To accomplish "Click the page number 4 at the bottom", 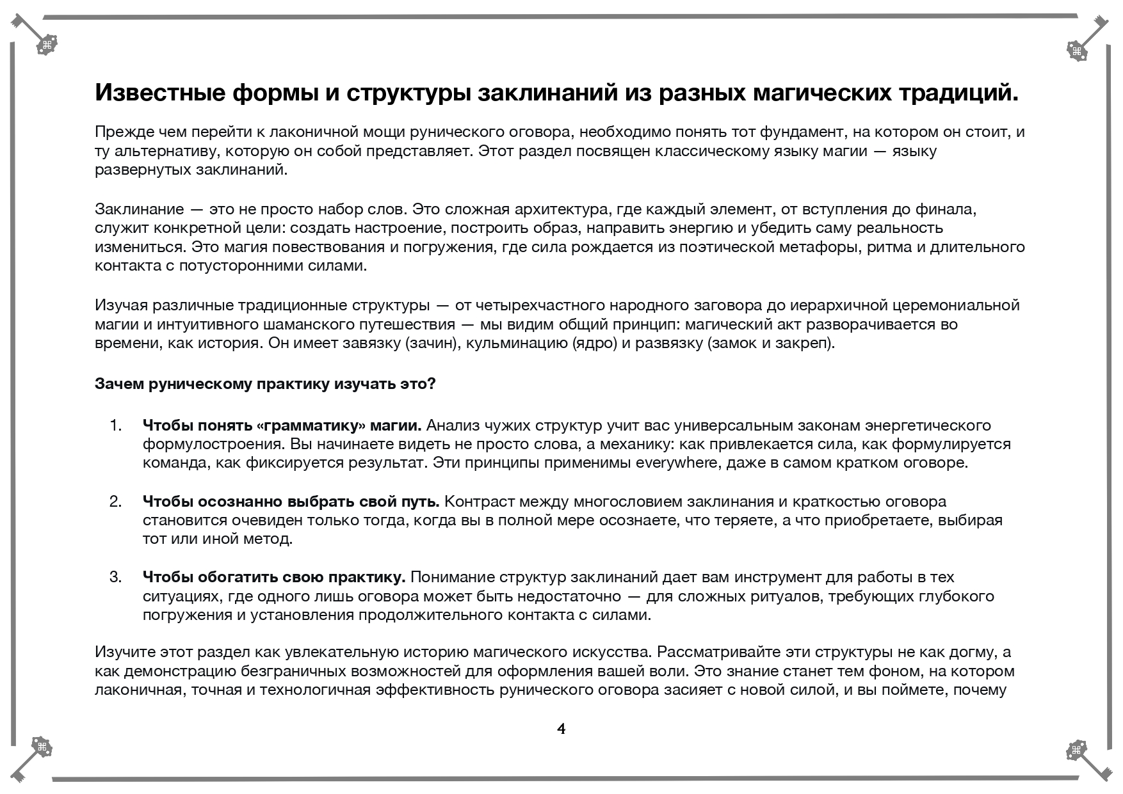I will coord(561,729).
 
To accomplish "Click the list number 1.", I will coord(115,425).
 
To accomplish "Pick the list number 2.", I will coord(115,502).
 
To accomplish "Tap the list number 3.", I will coord(115,578).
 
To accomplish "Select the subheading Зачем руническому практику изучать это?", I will coord(265,384).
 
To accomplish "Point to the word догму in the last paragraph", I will coord(973,653).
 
